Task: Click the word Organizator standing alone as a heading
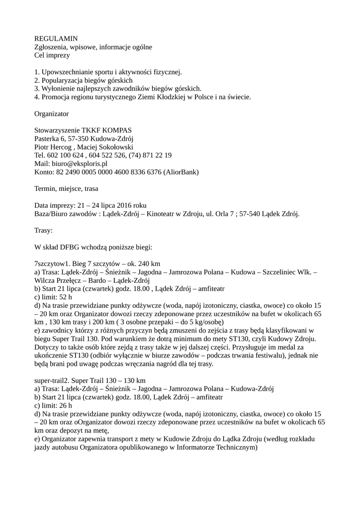pyautogui.click(x=51, y=113)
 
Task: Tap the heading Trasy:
pyautogui.click(x=43, y=230)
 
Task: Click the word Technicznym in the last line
pyautogui.click(x=234, y=447)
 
